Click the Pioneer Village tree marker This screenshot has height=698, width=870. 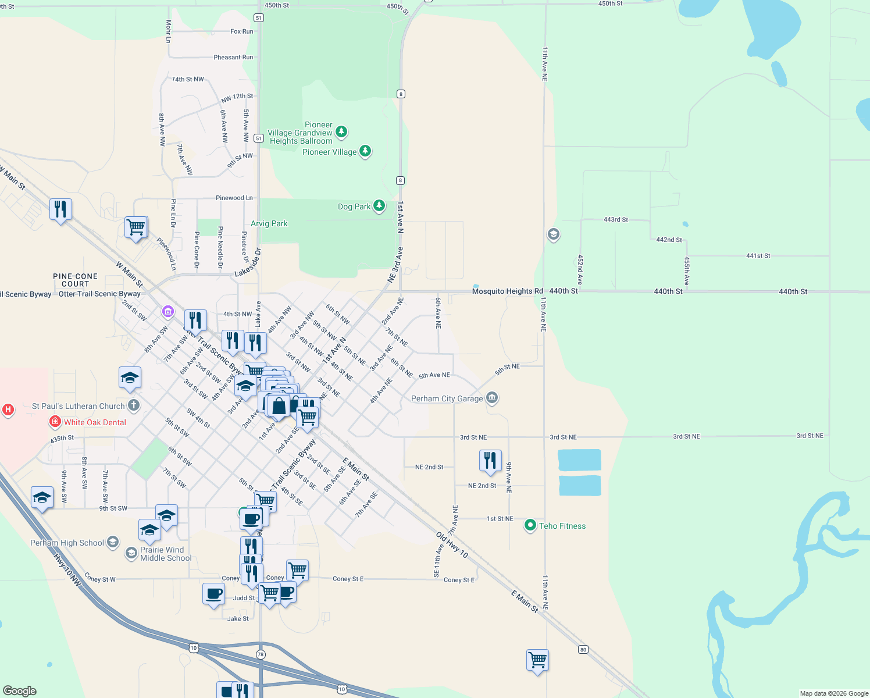(x=365, y=151)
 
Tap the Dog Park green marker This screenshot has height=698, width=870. (x=379, y=206)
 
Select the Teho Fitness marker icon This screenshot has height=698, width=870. (x=530, y=526)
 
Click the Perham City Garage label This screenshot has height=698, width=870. (x=447, y=398)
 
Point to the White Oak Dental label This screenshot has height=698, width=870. (x=95, y=422)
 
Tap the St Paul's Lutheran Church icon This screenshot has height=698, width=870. (x=134, y=405)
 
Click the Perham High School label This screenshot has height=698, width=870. (x=67, y=543)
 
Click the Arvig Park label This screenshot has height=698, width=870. (x=269, y=223)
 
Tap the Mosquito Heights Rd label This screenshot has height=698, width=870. (x=507, y=291)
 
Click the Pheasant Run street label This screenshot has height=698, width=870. (x=233, y=57)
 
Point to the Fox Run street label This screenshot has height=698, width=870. (x=241, y=31)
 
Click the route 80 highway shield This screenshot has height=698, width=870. (x=583, y=649)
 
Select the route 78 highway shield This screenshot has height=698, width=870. (x=260, y=654)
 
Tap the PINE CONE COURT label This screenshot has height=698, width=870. (x=75, y=280)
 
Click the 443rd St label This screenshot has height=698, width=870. (x=615, y=219)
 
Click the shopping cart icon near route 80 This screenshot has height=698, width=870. (x=537, y=660)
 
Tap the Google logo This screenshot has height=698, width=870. (x=19, y=690)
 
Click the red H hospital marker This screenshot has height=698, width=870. (x=8, y=409)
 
